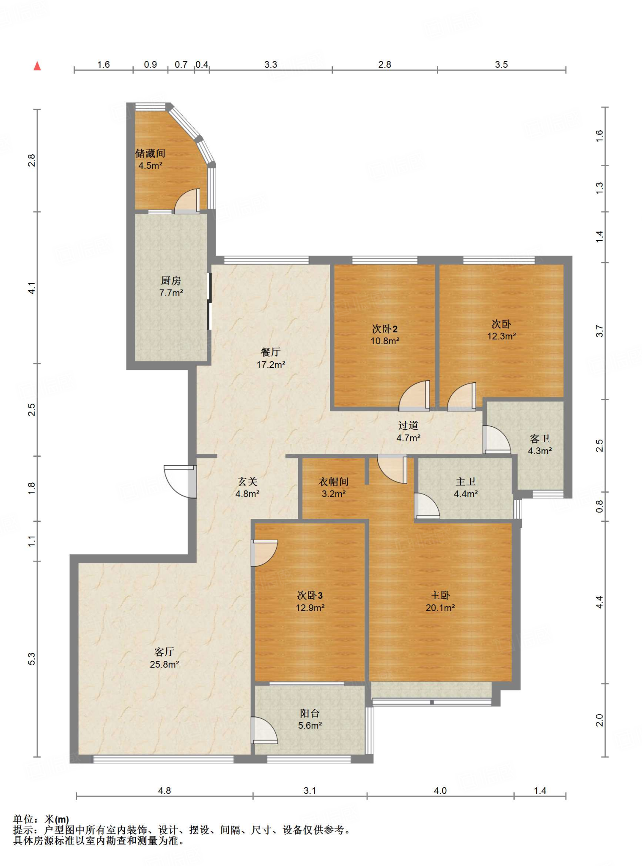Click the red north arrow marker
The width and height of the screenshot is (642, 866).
pyautogui.click(x=37, y=66)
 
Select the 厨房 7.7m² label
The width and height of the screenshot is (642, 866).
pyautogui.click(x=171, y=286)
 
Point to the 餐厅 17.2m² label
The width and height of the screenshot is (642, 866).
pyautogui.click(x=271, y=358)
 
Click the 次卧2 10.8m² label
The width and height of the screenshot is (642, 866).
pyautogui.click(x=385, y=334)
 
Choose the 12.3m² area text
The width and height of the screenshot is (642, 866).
pyautogui.click(x=502, y=337)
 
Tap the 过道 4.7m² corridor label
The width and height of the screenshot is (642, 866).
pyautogui.click(x=408, y=431)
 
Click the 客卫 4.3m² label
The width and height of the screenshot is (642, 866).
pyautogui.click(x=540, y=444)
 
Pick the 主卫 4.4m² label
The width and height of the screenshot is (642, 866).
pyautogui.click(x=466, y=487)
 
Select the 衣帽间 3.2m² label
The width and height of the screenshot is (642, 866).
pyautogui.click(x=334, y=487)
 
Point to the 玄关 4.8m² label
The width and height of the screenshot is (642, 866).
pyautogui.click(x=247, y=487)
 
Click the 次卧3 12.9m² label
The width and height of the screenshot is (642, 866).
pyautogui.click(x=310, y=601)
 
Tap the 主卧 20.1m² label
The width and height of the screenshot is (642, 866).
pyautogui.click(x=440, y=601)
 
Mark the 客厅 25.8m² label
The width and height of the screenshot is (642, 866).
pyautogui.click(x=165, y=658)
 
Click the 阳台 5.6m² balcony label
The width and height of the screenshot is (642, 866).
pyautogui.click(x=310, y=719)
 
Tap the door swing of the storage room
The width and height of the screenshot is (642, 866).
pyautogui.click(x=187, y=201)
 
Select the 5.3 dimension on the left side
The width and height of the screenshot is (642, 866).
pyautogui.click(x=32, y=659)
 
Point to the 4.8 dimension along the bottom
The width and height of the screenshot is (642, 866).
pyautogui.click(x=165, y=791)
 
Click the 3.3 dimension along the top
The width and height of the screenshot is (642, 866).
pyautogui.click(x=271, y=65)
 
